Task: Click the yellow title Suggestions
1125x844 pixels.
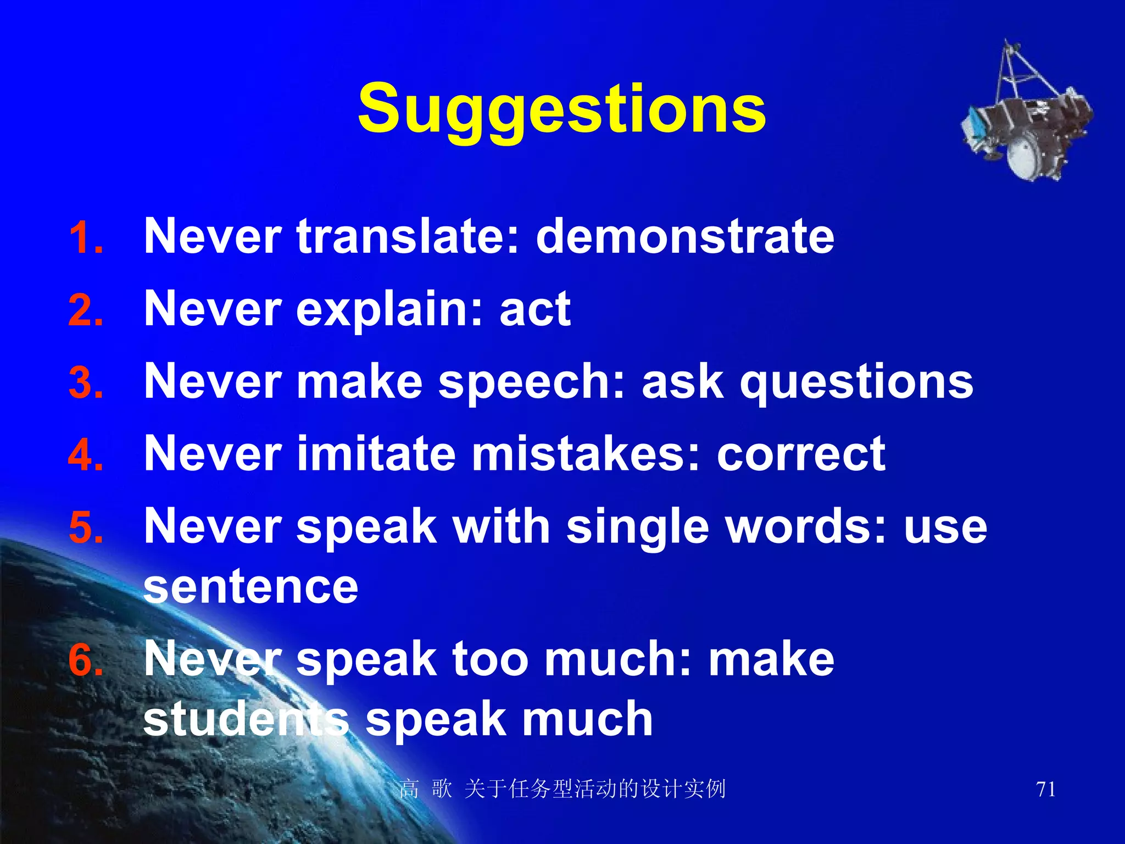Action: click(x=561, y=109)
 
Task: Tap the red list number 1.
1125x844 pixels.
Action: click(x=85, y=238)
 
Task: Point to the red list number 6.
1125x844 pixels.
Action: click(x=85, y=660)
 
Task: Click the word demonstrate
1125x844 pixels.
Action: click(x=684, y=236)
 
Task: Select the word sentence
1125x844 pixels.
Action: click(x=250, y=587)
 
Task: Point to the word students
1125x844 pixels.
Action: click(x=246, y=719)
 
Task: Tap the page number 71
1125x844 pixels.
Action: click(x=1045, y=790)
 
